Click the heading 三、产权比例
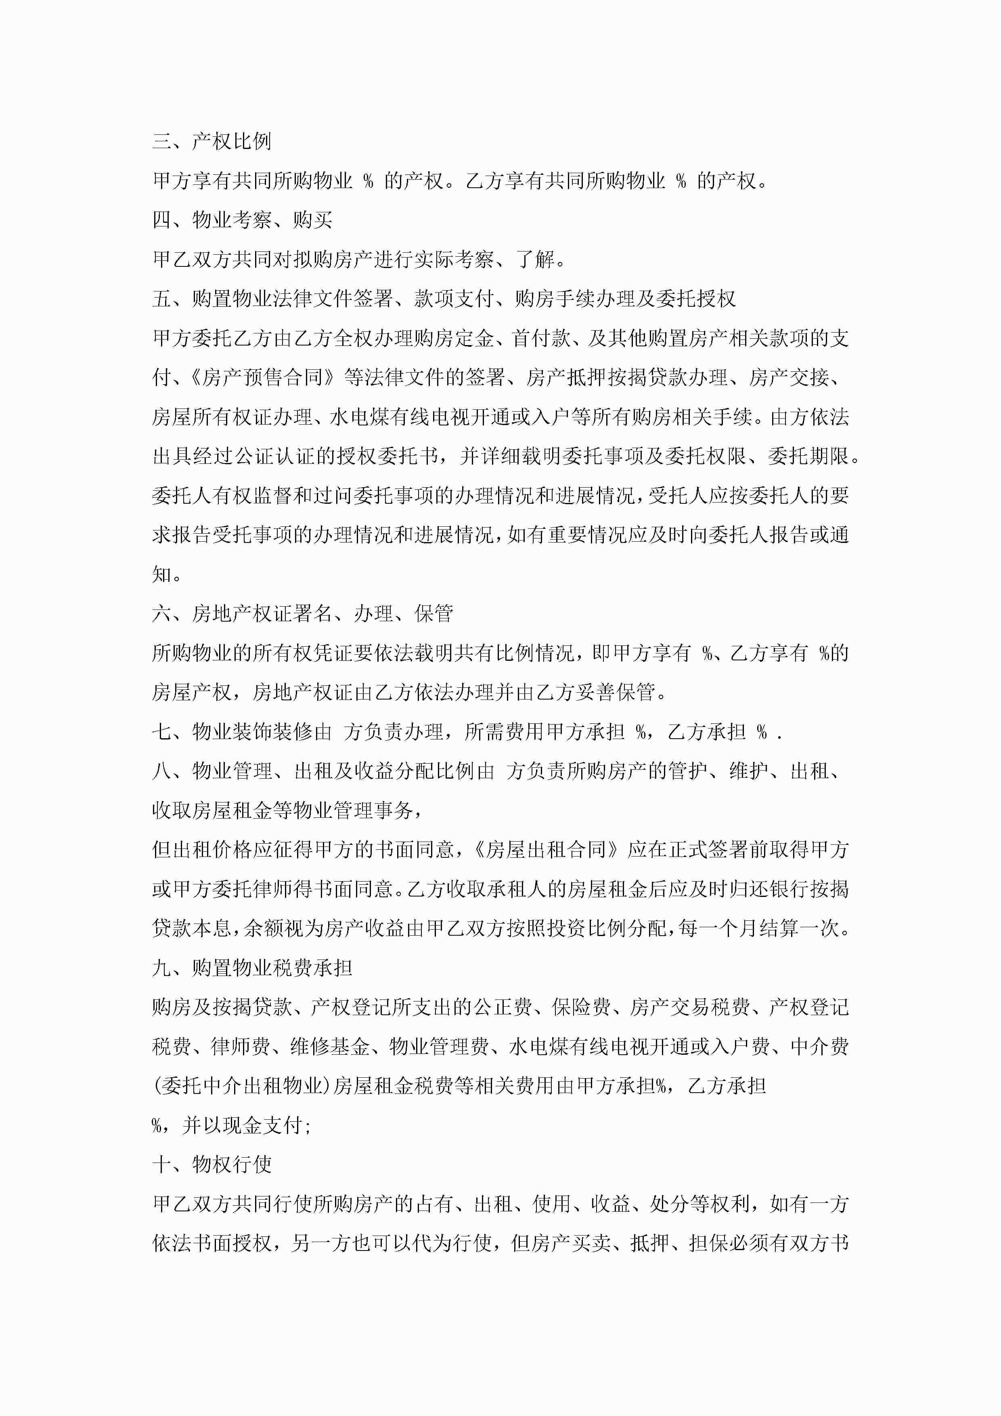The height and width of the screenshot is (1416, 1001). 212,141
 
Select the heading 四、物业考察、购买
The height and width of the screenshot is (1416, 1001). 243,220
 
